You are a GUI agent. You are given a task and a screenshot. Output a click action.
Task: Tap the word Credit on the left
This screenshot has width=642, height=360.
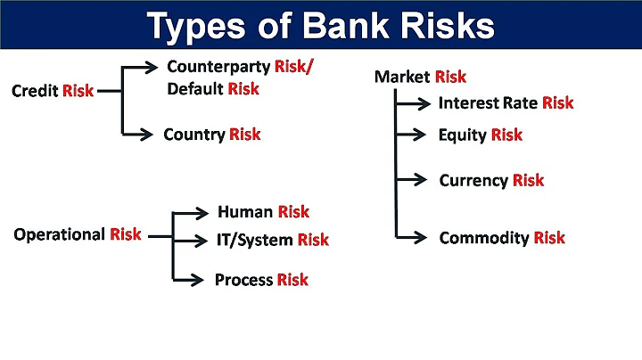click(35, 91)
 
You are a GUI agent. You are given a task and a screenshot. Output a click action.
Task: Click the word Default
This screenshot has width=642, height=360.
click(194, 88)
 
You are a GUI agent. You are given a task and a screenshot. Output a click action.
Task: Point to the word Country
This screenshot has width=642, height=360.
click(193, 135)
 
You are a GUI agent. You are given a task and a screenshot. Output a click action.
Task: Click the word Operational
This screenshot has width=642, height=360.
click(59, 235)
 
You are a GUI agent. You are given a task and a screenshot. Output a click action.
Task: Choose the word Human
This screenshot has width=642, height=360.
click(244, 212)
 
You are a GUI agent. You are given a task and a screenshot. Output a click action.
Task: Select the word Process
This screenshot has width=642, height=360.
click(243, 280)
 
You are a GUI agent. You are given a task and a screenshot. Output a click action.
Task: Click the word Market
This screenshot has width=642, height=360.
click(401, 78)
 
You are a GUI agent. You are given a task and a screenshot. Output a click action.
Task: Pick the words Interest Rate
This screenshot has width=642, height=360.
click(487, 103)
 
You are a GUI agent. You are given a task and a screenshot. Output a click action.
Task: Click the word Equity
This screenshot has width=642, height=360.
click(462, 135)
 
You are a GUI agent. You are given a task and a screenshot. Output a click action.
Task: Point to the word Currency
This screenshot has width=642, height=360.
click(473, 181)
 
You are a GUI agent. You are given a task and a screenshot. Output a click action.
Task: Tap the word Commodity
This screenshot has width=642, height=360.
click(484, 238)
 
